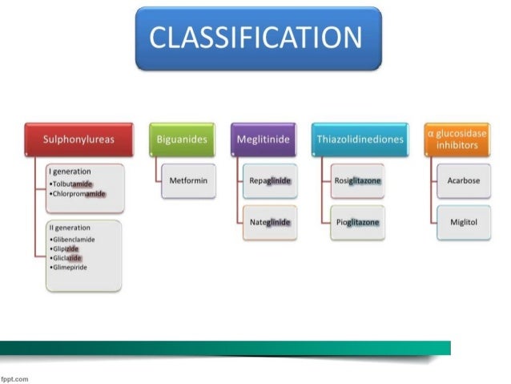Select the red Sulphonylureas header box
pyautogui.click(x=78, y=139)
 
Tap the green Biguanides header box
pyautogui.click(x=183, y=139)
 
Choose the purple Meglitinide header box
pyautogui.click(x=263, y=139)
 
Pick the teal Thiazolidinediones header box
pyautogui.click(x=359, y=139)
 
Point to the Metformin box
pyautogui.click(x=188, y=180)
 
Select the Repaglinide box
pyautogui.click(x=269, y=180)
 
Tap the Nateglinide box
pyautogui.click(x=269, y=221)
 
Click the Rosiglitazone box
pyautogui.click(x=358, y=180)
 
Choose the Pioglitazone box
pyautogui.click(x=358, y=221)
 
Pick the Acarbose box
pyautogui.click(x=464, y=180)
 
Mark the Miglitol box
pyautogui.click(x=464, y=221)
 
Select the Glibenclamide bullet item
pyautogui.click(x=74, y=239)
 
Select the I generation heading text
pyautogui.click(x=70, y=172)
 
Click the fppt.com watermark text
pyautogui.click(x=14, y=378)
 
